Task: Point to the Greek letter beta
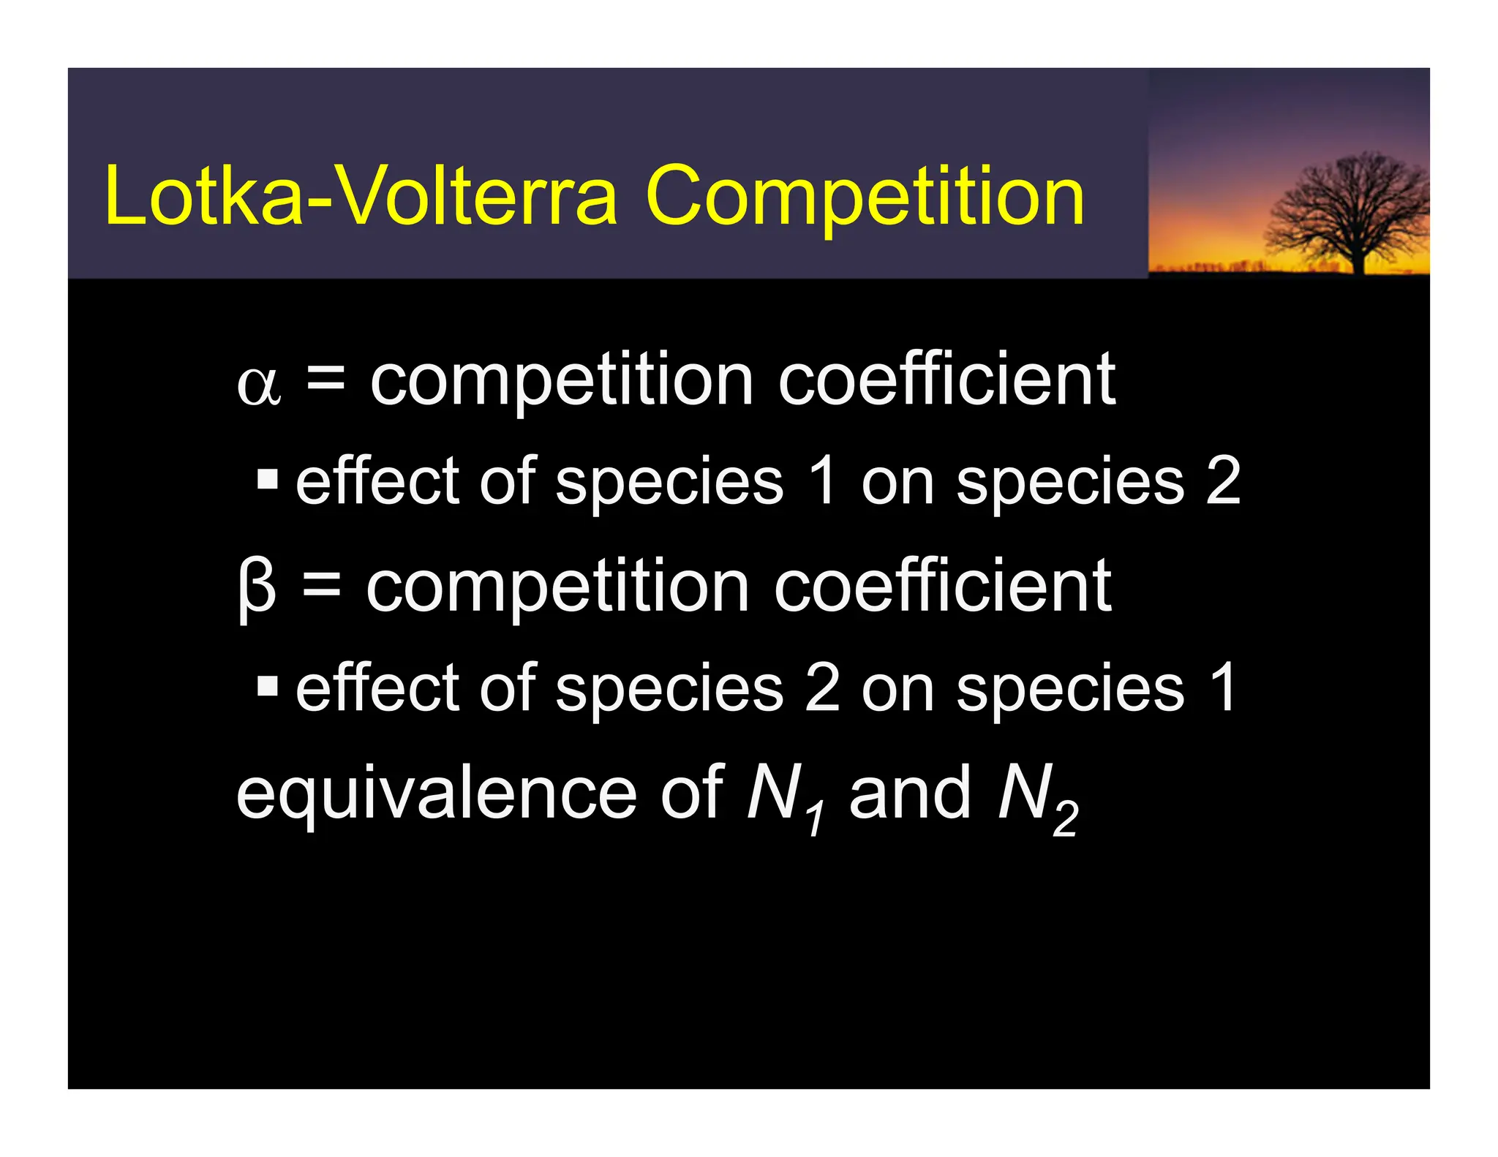click(257, 589)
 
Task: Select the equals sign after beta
click(321, 586)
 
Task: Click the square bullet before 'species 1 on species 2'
click(268, 480)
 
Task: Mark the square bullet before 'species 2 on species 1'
click(268, 687)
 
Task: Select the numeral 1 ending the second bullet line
click(1222, 687)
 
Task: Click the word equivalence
click(437, 795)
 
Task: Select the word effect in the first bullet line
click(379, 480)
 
